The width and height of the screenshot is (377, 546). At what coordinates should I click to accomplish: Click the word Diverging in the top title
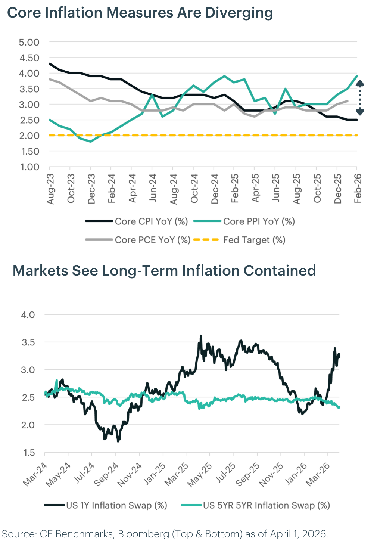click(x=239, y=13)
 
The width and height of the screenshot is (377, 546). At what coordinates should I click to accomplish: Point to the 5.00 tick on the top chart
click(x=29, y=42)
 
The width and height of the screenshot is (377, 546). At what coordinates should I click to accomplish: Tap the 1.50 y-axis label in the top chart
click(x=29, y=151)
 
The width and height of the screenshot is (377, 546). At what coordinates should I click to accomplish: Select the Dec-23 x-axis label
click(x=91, y=189)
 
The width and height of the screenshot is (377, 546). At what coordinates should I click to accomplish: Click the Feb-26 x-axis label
click(x=358, y=189)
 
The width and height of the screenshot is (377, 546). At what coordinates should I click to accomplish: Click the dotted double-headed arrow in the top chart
click(x=360, y=98)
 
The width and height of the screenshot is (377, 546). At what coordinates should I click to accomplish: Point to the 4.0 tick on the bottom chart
click(x=28, y=315)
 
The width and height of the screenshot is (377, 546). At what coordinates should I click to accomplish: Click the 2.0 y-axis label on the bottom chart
click(x=28, y=425)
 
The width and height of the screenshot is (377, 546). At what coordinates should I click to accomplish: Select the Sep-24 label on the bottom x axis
click(x=106, y=474)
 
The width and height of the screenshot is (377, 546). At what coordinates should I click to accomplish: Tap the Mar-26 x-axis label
click(x=318, y=474)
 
